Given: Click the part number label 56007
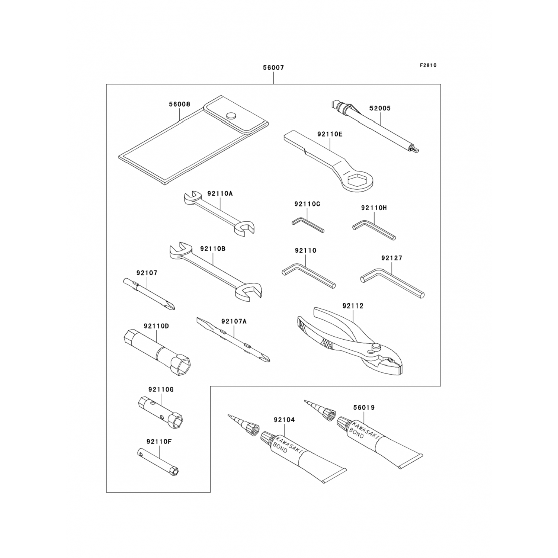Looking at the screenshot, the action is (273, 68).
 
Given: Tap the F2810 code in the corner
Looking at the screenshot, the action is (428, 65).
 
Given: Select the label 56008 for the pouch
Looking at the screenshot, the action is (180, 104).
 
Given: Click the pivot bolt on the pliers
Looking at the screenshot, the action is (375, 348).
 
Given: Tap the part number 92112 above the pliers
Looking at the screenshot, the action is (353, 306).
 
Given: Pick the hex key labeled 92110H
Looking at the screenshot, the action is (373, 230).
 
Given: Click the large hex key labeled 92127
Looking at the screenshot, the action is (392, 282).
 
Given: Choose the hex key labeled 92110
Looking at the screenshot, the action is (308, 275).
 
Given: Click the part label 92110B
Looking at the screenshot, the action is (212, 248).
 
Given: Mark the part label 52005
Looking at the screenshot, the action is (380, 108).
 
